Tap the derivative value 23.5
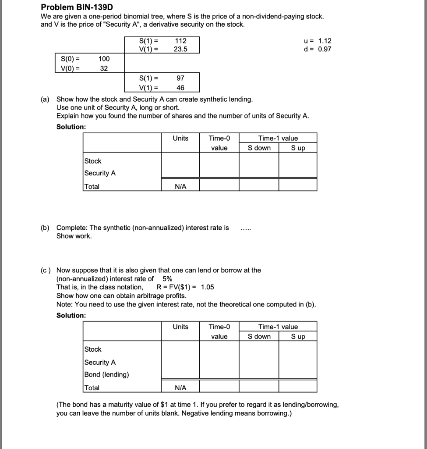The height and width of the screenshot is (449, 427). click(180, 49)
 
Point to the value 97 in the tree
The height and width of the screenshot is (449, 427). click(180, 78)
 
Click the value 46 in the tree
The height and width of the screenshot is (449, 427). click(180, 88)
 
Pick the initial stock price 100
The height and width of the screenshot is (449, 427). click(104, 59)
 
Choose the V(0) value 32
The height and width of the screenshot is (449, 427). click(104, 68)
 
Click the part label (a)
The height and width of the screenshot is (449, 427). click(45, 100)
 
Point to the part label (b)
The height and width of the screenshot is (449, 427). click(45, 228)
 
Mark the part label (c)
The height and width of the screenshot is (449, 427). click(45, 270)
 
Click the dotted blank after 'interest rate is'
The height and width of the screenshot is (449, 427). click(246, 228)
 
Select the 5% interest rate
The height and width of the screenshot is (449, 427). click(167, 278)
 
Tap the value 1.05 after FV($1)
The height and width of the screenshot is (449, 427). click(207, 287)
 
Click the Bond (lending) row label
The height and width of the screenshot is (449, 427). click(106, 374)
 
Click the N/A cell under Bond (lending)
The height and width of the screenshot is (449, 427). click(180, 388)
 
